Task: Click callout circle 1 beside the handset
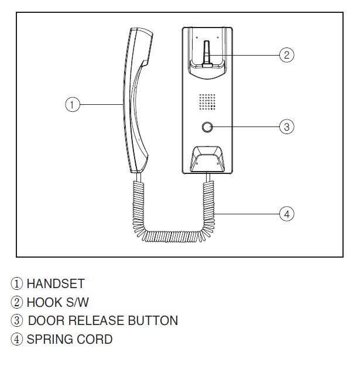[73, 104]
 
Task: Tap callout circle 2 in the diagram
[287, 55]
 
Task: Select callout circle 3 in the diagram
[287, 126]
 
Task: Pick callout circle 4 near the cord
[287, 214]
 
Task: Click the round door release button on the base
[207, 127]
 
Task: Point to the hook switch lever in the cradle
[207, 54]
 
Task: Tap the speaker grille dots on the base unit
[207, 102]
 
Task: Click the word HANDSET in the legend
[56, 284]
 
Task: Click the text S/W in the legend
[77, 302]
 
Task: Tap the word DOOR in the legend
[46, 320]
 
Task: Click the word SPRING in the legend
[50, 339]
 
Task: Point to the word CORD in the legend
[94, 339]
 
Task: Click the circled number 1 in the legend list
[17, 284]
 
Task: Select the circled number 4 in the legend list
[17, 339]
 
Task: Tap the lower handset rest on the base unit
[207, 159]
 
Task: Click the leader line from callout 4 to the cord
[246, 214]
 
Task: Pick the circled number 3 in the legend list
[17, 320]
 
